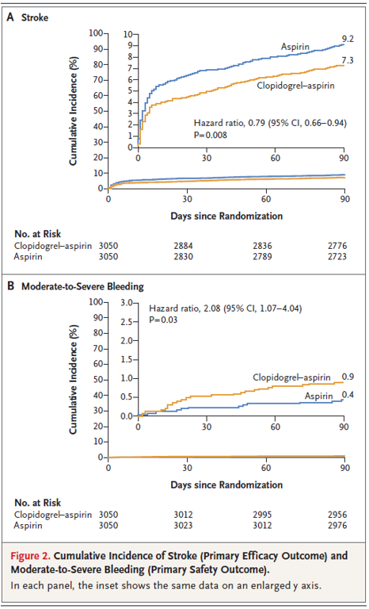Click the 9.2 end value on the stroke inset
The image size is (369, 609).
coord(348,39)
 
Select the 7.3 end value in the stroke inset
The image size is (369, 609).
coord(348,61)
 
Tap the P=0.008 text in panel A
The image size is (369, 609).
coord(211,135)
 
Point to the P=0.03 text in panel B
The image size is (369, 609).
coord(163,320)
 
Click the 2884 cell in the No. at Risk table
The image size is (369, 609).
coord(183,246)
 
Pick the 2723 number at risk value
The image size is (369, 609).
coord(337,256)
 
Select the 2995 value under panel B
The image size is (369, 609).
coord(262,515)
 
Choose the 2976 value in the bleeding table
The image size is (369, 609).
coord(337,526)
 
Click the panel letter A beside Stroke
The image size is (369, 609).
coord(11,17)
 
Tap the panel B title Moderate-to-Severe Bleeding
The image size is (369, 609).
coord(82,287)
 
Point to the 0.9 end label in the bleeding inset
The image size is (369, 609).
coord(348,377)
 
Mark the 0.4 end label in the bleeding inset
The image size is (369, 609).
coord(348,396)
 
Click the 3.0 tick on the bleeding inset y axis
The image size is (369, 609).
coord(126,303)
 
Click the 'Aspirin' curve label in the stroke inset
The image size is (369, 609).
coord(295,48)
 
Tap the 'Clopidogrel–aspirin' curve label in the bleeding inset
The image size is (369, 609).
coord(291,377)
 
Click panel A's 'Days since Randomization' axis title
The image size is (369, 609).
coord(226,216)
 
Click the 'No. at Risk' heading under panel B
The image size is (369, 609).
coord(38,503)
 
